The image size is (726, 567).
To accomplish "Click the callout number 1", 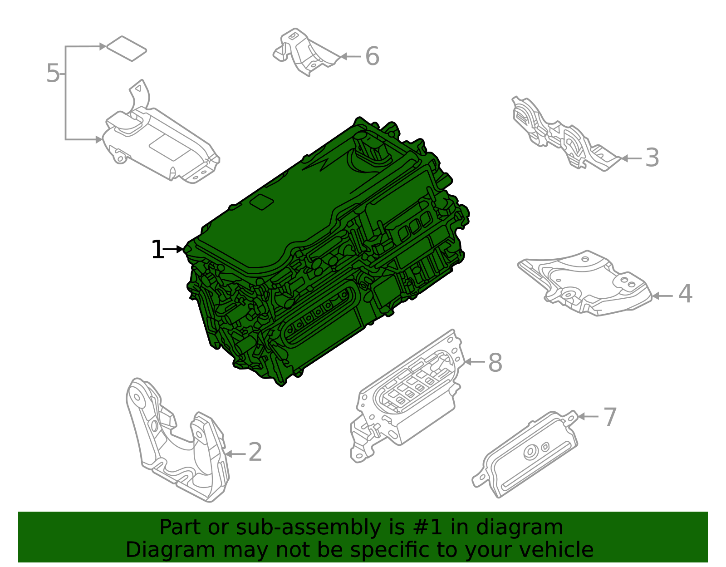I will point(157,250).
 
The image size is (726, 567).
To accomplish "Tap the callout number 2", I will point(255,453).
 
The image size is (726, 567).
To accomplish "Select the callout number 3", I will point(652,158).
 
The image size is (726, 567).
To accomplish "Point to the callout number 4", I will point(685,294).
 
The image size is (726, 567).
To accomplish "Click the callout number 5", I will point(53,74).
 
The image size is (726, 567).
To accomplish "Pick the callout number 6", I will point(372,57).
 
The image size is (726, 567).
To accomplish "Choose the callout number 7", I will point(610,417).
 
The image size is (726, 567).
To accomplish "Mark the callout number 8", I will point(495,363).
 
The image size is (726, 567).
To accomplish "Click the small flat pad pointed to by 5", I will point(127,49).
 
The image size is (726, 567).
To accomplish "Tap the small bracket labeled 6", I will point(304,52).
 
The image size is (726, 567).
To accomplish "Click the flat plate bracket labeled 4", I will point(585,284).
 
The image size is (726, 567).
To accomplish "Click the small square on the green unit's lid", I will point(262,202).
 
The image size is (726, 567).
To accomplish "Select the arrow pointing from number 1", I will point(173,249).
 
